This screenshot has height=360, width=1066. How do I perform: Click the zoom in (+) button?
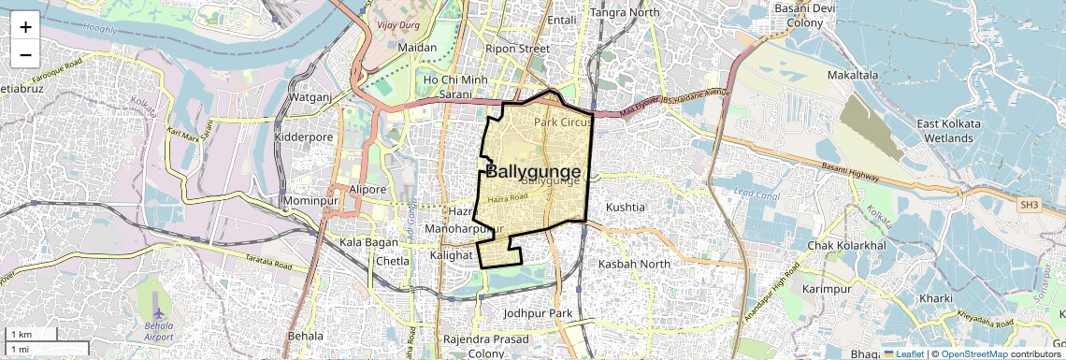[25, 26]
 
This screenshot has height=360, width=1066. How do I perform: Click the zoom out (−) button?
[25, 54]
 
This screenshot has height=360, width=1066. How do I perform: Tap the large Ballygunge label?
[533, 171]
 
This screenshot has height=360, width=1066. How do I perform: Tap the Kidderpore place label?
[303, 137]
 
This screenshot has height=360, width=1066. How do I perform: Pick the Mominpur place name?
[310, 201]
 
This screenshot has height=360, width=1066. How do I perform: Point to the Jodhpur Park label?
[537, 312]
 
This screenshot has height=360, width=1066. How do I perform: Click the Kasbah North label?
[634, 264]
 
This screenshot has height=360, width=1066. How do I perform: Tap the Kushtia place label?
[626, 206]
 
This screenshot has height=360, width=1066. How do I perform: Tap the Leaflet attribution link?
[903, 353]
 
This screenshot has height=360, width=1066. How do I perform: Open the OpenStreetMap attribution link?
[974, 353]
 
